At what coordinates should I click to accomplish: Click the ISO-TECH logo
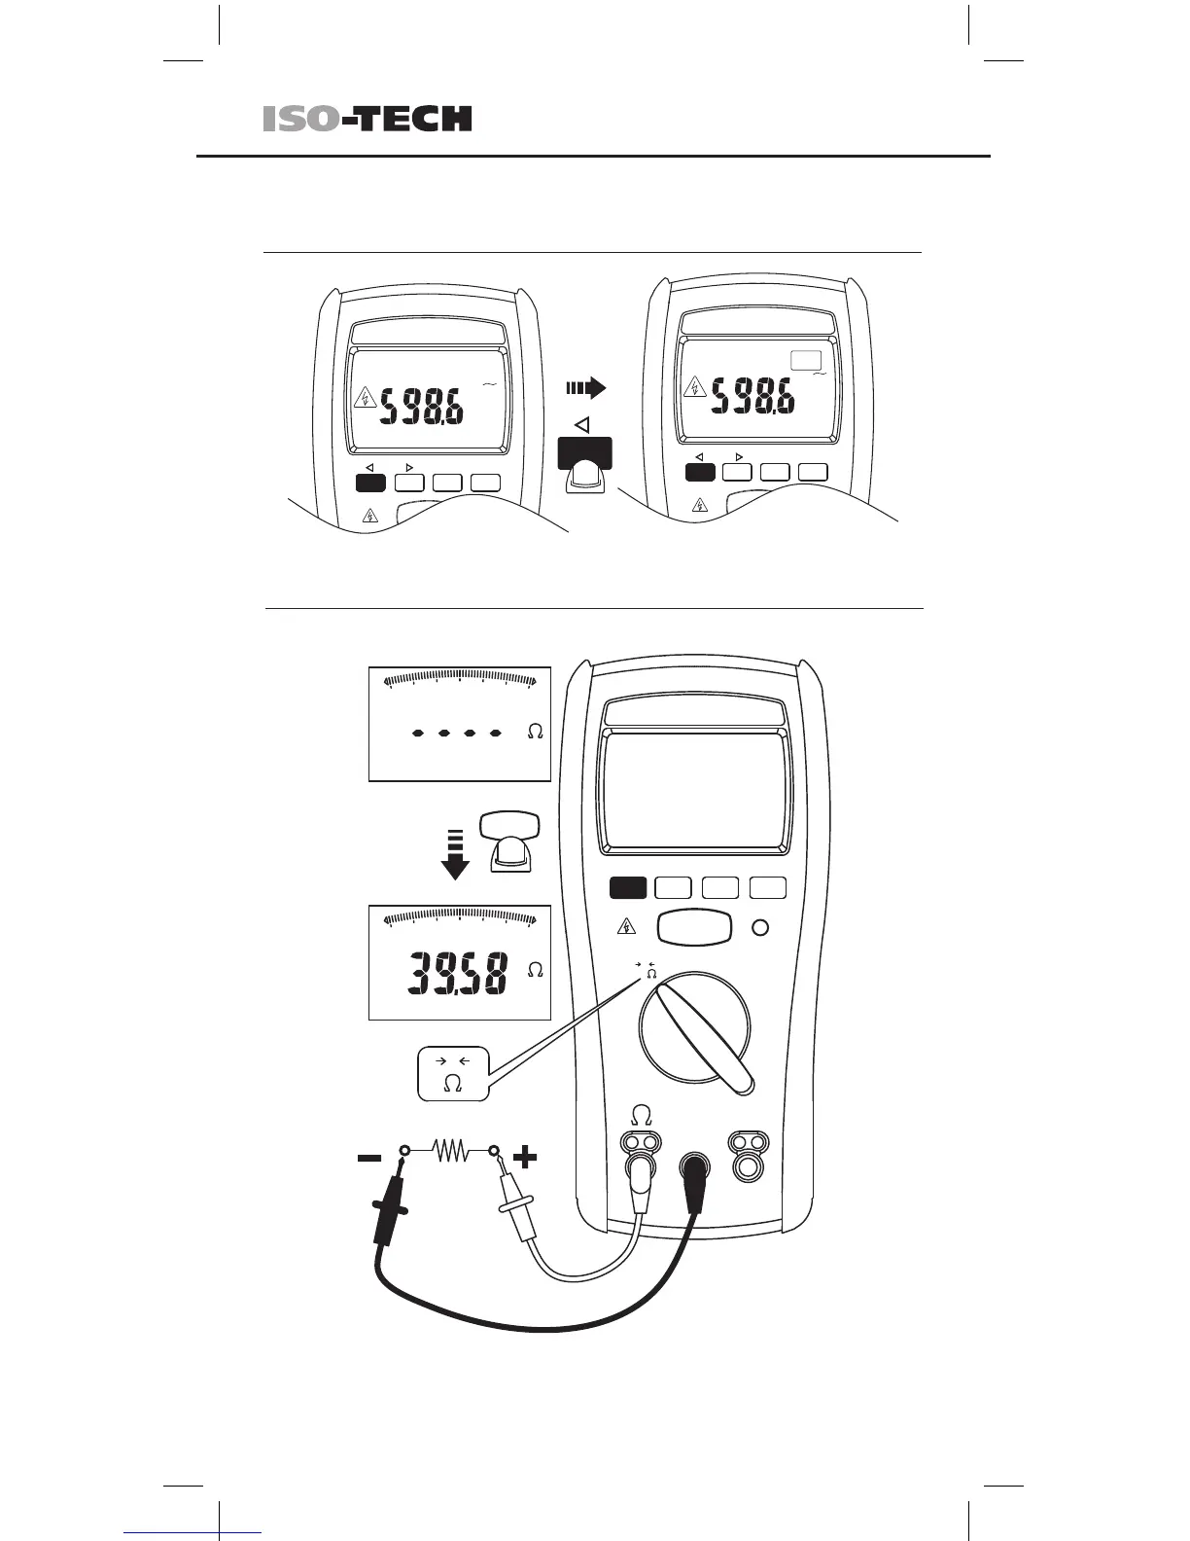pos(367,119)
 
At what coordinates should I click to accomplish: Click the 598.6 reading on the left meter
pos(421,407)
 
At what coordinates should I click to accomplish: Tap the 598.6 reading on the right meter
pos(753,397)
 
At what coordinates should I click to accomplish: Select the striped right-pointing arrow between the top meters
pos(585,388)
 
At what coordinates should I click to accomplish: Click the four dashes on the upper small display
pos(456,732)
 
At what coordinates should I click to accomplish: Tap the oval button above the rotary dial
pos(694,927)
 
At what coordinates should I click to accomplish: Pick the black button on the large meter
pos(628,887)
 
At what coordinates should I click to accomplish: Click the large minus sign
pos(369,1158)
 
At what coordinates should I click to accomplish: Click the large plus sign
pos(524,1158)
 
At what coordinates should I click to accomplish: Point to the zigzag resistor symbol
pos(451,1152)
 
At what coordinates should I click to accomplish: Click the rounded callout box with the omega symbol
pos(452,1074)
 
